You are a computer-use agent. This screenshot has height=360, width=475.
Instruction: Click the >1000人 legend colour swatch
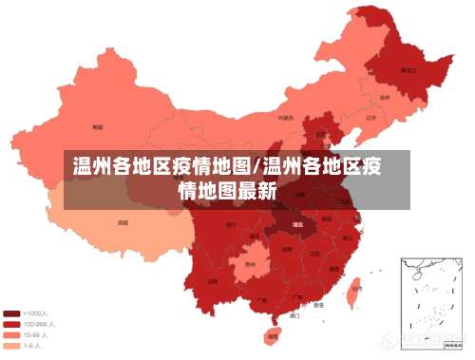[x=12, y=313]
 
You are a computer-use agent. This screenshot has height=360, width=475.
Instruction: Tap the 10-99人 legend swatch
[x=12, y=334]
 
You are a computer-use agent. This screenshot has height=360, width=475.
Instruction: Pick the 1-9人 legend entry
[x=30, y=345]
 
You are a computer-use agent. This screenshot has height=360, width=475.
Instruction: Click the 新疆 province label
[x=97, y=125]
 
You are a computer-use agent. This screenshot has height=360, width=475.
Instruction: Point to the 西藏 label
[x=123, y=222]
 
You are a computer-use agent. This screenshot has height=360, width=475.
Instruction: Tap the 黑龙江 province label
[x=408, y=70]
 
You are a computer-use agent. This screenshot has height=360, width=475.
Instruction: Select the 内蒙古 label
[x=286, y=118]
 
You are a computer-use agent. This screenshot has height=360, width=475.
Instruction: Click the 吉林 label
[x=384, y=96]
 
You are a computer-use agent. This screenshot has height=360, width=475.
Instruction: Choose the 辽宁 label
[x=358, y=118]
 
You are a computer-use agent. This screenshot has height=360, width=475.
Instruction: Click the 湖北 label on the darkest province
[x=297, y=224]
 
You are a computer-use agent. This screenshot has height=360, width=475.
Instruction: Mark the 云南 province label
[x=212, y=281]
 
